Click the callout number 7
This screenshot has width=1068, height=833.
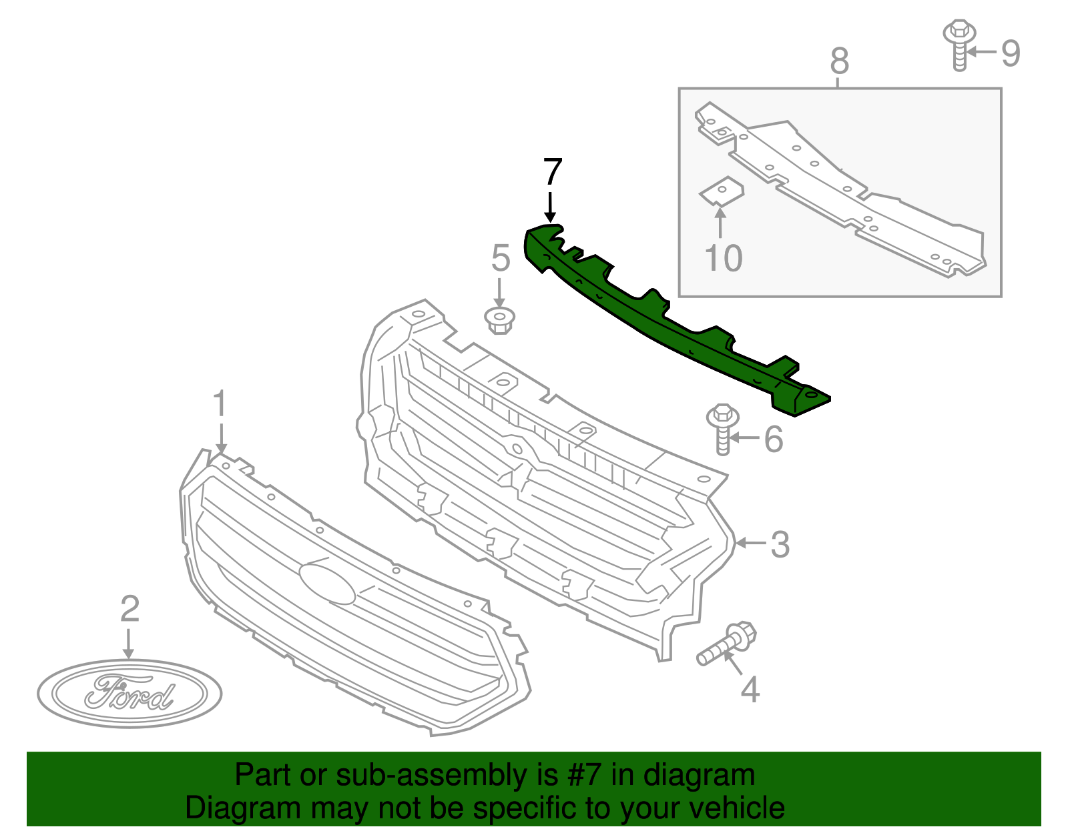(x=552, y=172)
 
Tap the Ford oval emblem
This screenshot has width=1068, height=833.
(x=129, y=694)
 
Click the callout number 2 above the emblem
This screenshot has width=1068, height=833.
(x=129, y=608)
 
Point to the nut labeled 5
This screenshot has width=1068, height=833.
(x=499, y=321)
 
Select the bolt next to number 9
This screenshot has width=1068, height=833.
(x=959, y=44)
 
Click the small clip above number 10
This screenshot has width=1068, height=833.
(x=722, y=191)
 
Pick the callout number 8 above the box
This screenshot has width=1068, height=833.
(x=839, y=61)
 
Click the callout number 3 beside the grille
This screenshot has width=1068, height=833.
(x=780, y=545)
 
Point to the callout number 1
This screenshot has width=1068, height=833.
(x=220, y=405)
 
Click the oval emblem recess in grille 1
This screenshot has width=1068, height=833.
(x=327, y=583)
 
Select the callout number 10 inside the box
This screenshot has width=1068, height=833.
(x=723, y=258)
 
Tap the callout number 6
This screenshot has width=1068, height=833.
(x=773, y=440)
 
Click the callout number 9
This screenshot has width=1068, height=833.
(x=1011, y=53)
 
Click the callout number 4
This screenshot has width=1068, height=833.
(x=750, y=690)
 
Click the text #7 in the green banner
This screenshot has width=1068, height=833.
(x=585, y=776)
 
